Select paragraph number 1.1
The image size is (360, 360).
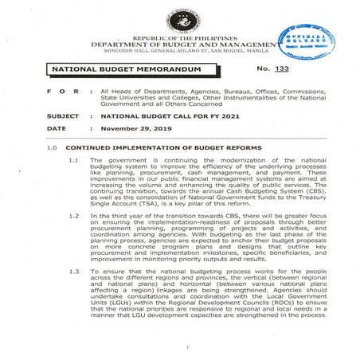point(72,161)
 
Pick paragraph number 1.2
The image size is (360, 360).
point(72,216)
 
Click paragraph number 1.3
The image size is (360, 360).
point(72,272)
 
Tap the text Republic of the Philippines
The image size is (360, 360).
point(179,38)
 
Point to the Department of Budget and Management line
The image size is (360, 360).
point(179,45)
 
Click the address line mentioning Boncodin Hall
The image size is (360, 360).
point(179,53)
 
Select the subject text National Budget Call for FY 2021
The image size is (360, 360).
point(158,115)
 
